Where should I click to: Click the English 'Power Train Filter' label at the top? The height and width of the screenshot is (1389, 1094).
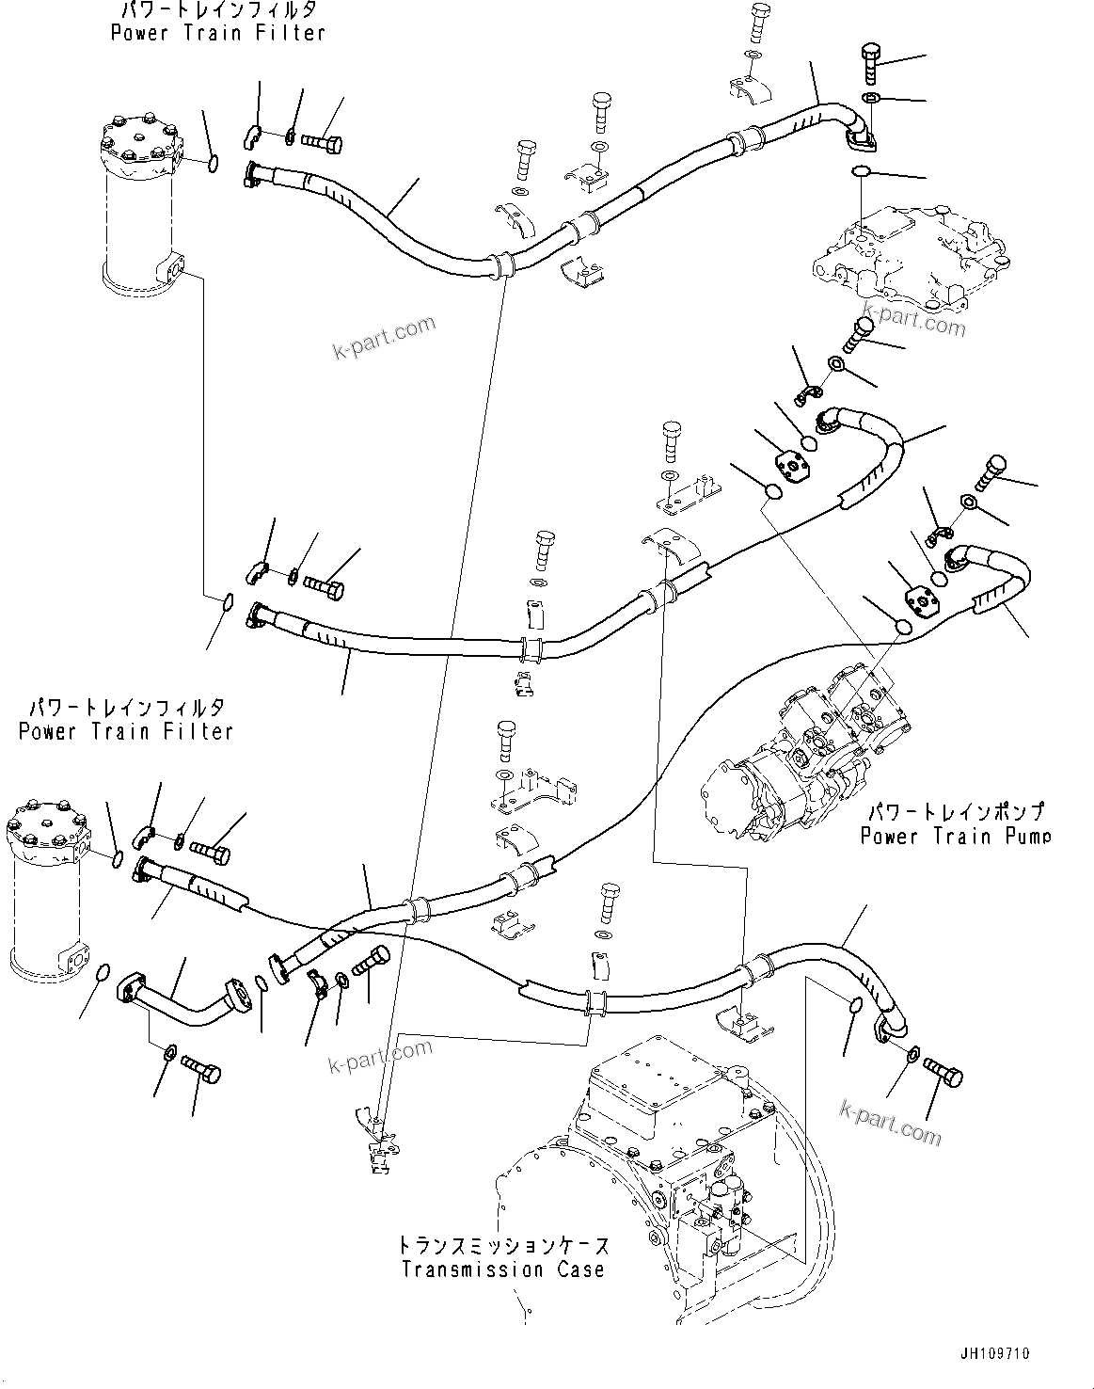[x=217, y=33]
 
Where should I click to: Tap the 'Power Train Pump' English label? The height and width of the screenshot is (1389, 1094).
[x=955, y=836]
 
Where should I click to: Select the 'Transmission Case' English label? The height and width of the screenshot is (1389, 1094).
[x=502, y=1269]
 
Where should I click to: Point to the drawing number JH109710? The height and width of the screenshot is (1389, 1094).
[x=994, y=1353]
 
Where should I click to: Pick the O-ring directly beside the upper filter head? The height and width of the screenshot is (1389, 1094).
[x=214, y=164]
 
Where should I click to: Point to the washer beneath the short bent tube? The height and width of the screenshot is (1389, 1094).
[x=169, y=1051]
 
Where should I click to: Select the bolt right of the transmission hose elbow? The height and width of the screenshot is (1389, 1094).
[x=943, y=1070]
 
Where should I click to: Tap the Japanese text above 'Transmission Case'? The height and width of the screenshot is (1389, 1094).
[x=502, y=1246]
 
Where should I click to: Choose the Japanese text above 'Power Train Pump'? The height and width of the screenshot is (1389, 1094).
[x=955, y=812]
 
